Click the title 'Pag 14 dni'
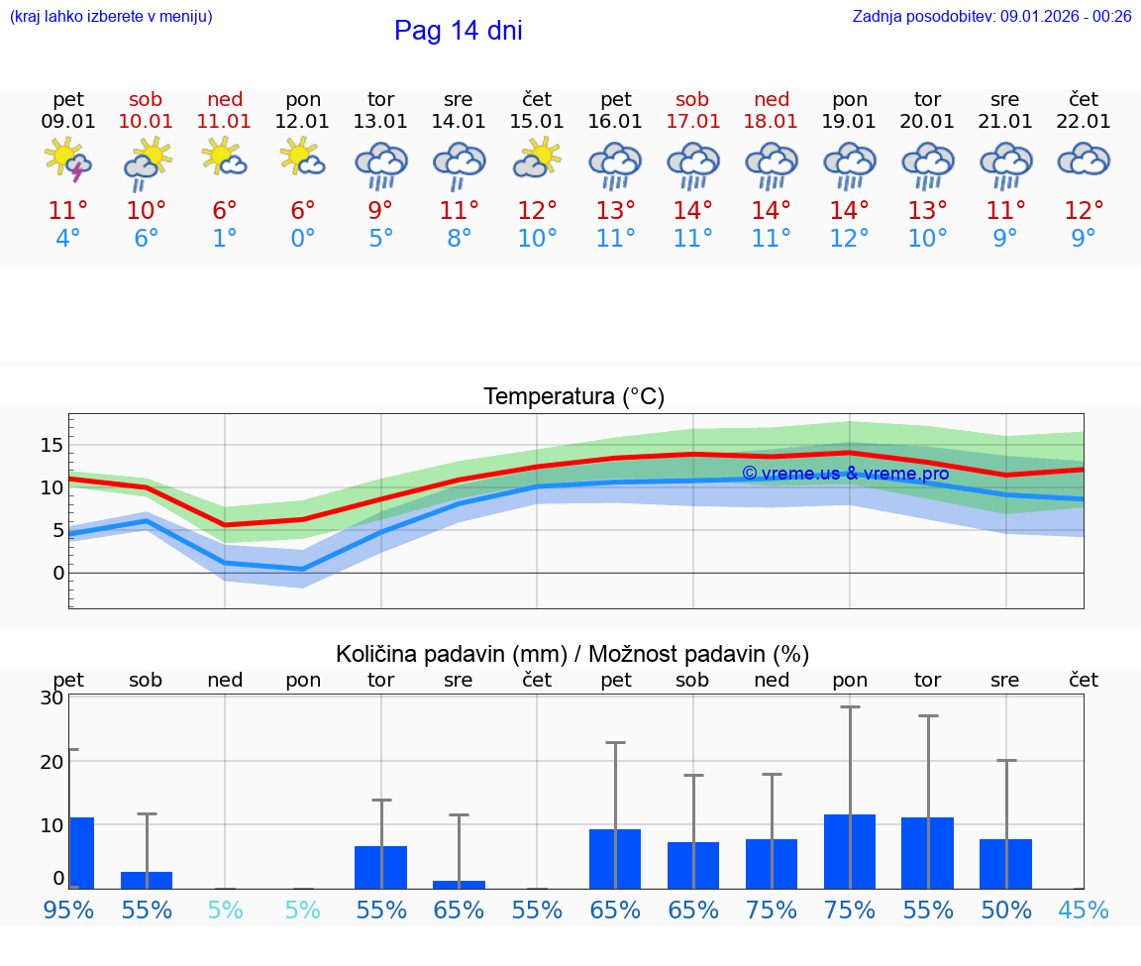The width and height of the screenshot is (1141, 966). click(458, 31)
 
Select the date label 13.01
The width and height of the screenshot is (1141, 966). click(380, 122)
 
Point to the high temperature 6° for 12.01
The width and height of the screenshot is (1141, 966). click(303, 211)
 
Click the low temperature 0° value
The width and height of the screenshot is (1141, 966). click(303, 239)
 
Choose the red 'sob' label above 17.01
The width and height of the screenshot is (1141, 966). click(692, 99)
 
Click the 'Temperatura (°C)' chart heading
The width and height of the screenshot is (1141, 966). click(573, 397)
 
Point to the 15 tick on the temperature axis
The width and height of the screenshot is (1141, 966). click(52, 445)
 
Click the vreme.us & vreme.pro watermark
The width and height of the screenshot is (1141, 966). click(845, 474)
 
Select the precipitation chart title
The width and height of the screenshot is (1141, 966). click(572, 654)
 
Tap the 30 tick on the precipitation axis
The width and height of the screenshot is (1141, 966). click(52, 698)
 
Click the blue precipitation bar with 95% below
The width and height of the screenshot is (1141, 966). click(81, 853)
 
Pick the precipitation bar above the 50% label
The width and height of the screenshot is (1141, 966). click(1005, 864)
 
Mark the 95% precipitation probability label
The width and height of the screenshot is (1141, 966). click(68, 910)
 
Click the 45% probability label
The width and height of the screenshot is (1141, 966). click(1084, 910)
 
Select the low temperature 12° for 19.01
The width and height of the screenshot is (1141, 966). click(849, 239)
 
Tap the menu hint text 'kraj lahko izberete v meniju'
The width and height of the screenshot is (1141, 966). click(111, 16)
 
